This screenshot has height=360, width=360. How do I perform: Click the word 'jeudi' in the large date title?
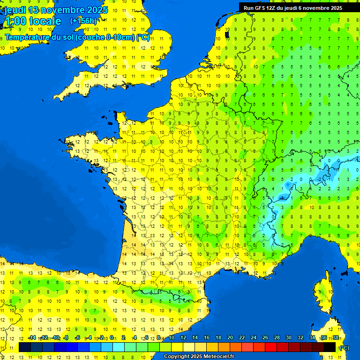pyautogui.click(x=15, y=10)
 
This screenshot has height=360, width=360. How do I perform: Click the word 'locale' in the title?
pyautogui.click(x=45, y=21)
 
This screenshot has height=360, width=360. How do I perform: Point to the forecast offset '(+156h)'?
pyautogui.click(x=83, y=21)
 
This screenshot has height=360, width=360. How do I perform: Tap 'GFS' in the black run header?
pyautogui.click(x=261, y=7)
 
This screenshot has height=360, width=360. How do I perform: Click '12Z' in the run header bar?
pyautogui.click(x=273, y=7)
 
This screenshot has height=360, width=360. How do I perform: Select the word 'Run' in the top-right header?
pyautogui.click(x=248, y=7)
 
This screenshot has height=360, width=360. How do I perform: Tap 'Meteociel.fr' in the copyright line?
pyautogui.click(x=219, y=357)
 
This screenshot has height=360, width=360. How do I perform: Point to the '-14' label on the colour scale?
pyautogui.click(x=32, y=338)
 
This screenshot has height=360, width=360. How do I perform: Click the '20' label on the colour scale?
pyautogui.click(x=230, y=338)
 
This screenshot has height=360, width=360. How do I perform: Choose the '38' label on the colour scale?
pyautogui.click(x=336, y=338)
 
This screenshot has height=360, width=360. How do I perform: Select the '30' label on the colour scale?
pyautogui.click(x=289, y=338)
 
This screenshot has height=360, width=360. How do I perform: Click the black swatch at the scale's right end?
pyautogui.click(x=330, y=347)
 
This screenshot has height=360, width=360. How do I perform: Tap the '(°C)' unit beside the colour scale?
pyautogui.click(x=344, y=347)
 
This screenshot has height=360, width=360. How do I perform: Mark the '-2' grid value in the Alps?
pyautogui.click(x=319, y=179)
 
